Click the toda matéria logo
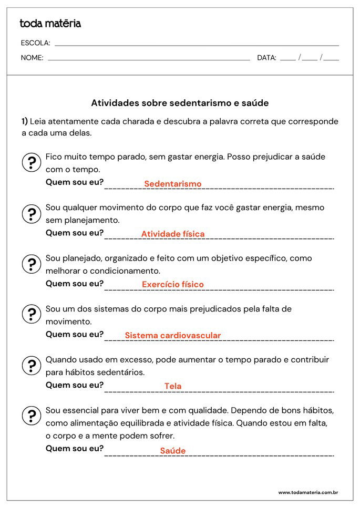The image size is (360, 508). [x=50, y=24]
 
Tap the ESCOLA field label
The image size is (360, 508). [x=35, y=43]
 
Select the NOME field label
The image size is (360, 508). [x=32, y=58]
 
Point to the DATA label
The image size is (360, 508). [x=266, y=58]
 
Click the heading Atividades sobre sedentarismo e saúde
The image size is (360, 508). [x=180, y=103]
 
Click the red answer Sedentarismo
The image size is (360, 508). [x=172, y=184]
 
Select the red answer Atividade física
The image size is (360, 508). [x=173, y=234]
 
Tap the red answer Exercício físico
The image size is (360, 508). [x=172, y=285]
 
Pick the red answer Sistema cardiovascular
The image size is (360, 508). [x=173, y=335]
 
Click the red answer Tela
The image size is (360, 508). [x=173, y=386]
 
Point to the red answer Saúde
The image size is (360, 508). [x=173, y=451]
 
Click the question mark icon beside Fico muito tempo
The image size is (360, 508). [x=32, y=163]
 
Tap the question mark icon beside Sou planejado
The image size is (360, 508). [x=32, y=264]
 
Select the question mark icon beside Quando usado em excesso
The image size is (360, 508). [x=32, y=366]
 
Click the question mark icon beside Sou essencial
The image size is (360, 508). [x=32, y=416]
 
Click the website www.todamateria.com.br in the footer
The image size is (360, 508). [x=307, y=492]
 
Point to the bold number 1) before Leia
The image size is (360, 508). [x=25, y=121]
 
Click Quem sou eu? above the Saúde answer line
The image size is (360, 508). [x=75, y=448]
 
